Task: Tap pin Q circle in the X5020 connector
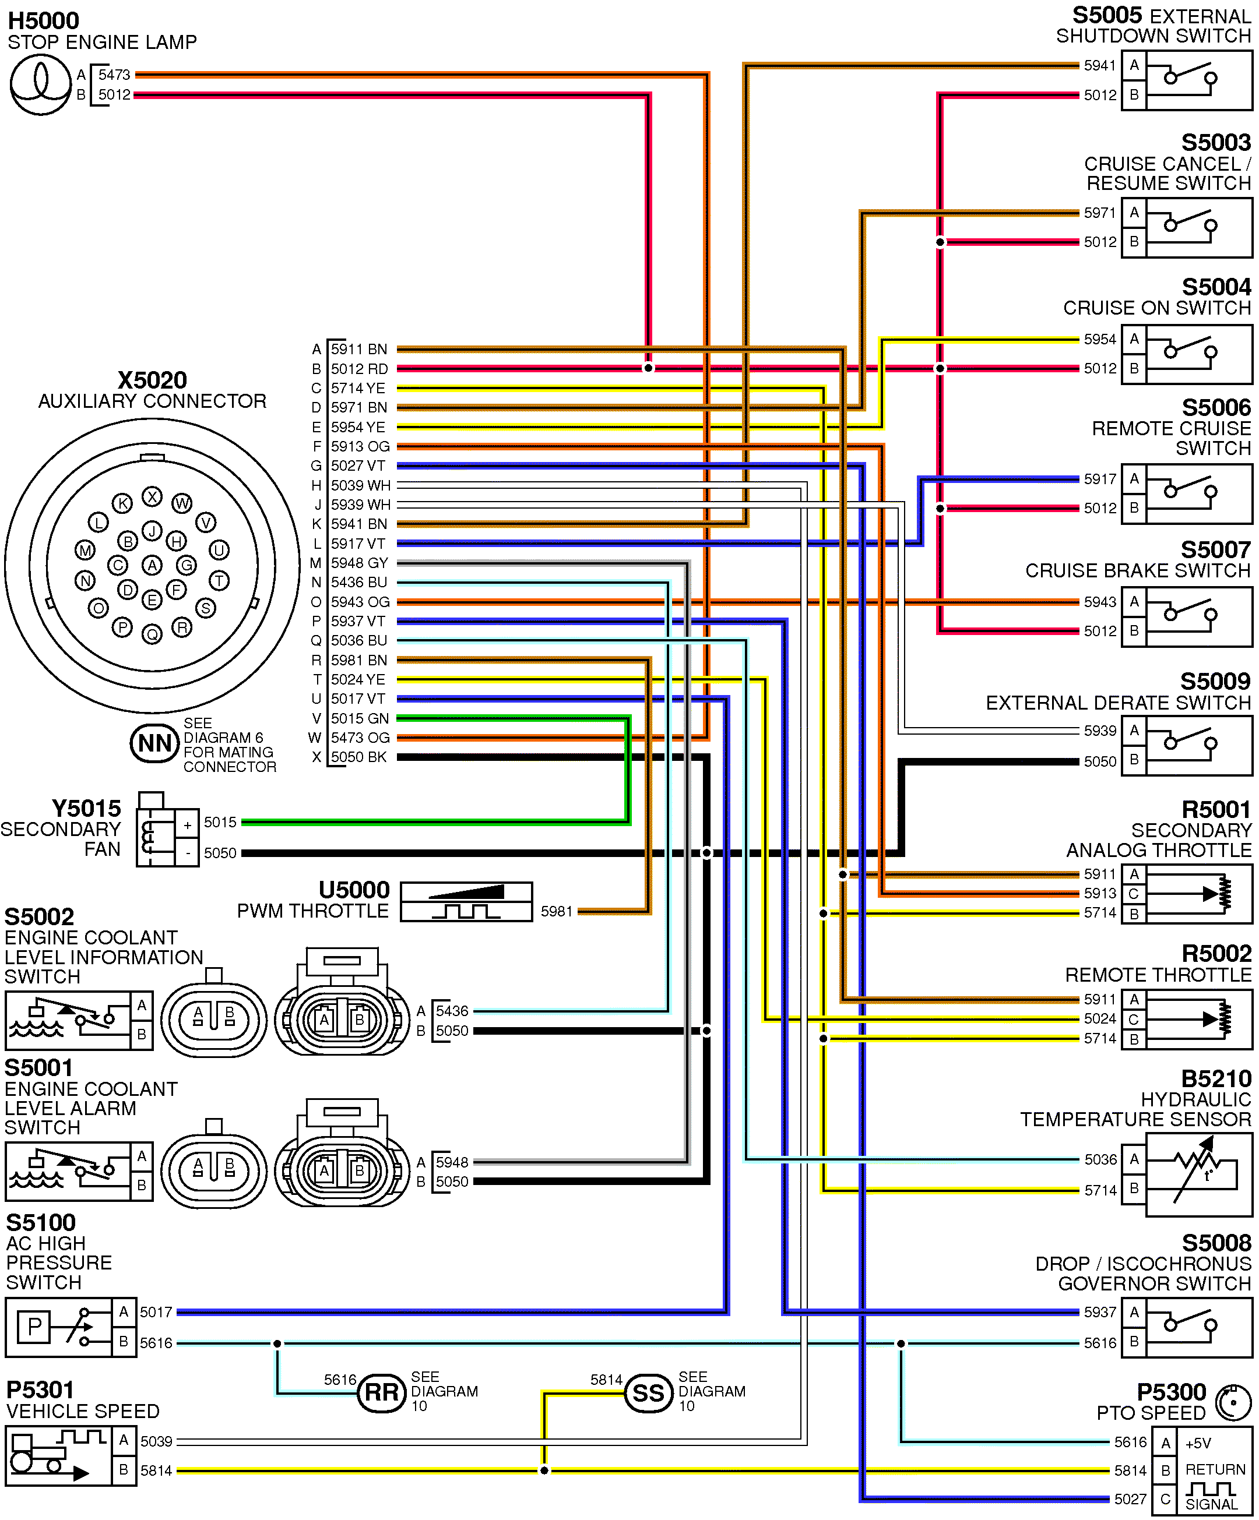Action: point(152,634)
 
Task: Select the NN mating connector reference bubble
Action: point(154,743)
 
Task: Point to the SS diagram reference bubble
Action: point(648,1392)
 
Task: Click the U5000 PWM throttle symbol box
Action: point(466,901)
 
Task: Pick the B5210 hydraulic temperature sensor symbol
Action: point(1198,1175)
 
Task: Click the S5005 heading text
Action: point(1107,16)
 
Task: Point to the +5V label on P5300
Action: point(1198,1443)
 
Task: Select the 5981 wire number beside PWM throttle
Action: point(557,911)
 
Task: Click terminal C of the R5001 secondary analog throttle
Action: point(1134,894)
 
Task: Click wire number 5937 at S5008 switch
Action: point(1100,1312)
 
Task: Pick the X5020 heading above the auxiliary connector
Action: point(152,380)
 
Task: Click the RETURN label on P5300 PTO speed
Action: point(1215,1470)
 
